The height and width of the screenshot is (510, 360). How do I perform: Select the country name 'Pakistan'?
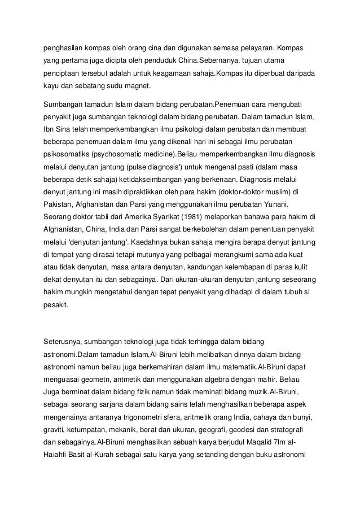coord(60,204)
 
